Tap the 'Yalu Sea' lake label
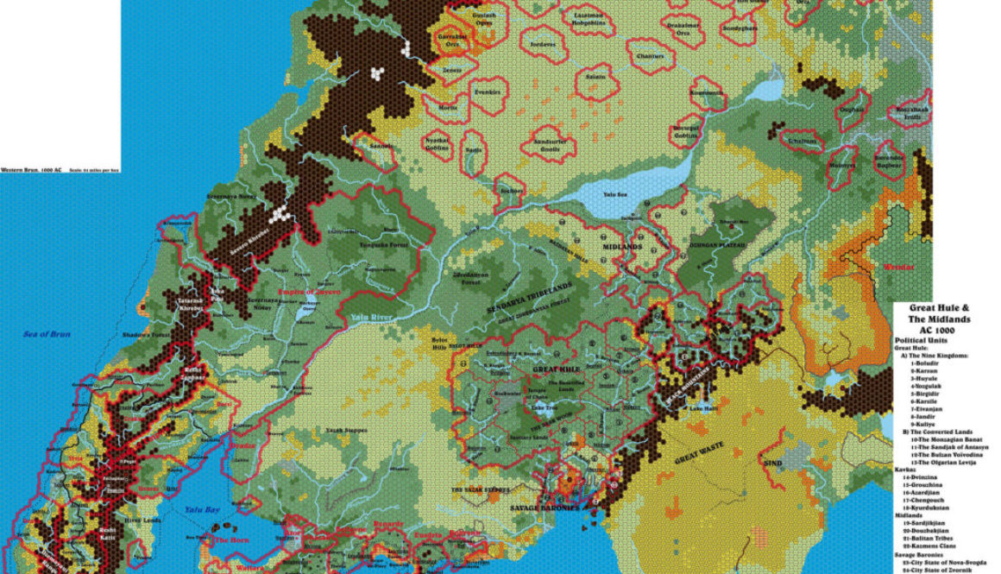coord(615,195)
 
